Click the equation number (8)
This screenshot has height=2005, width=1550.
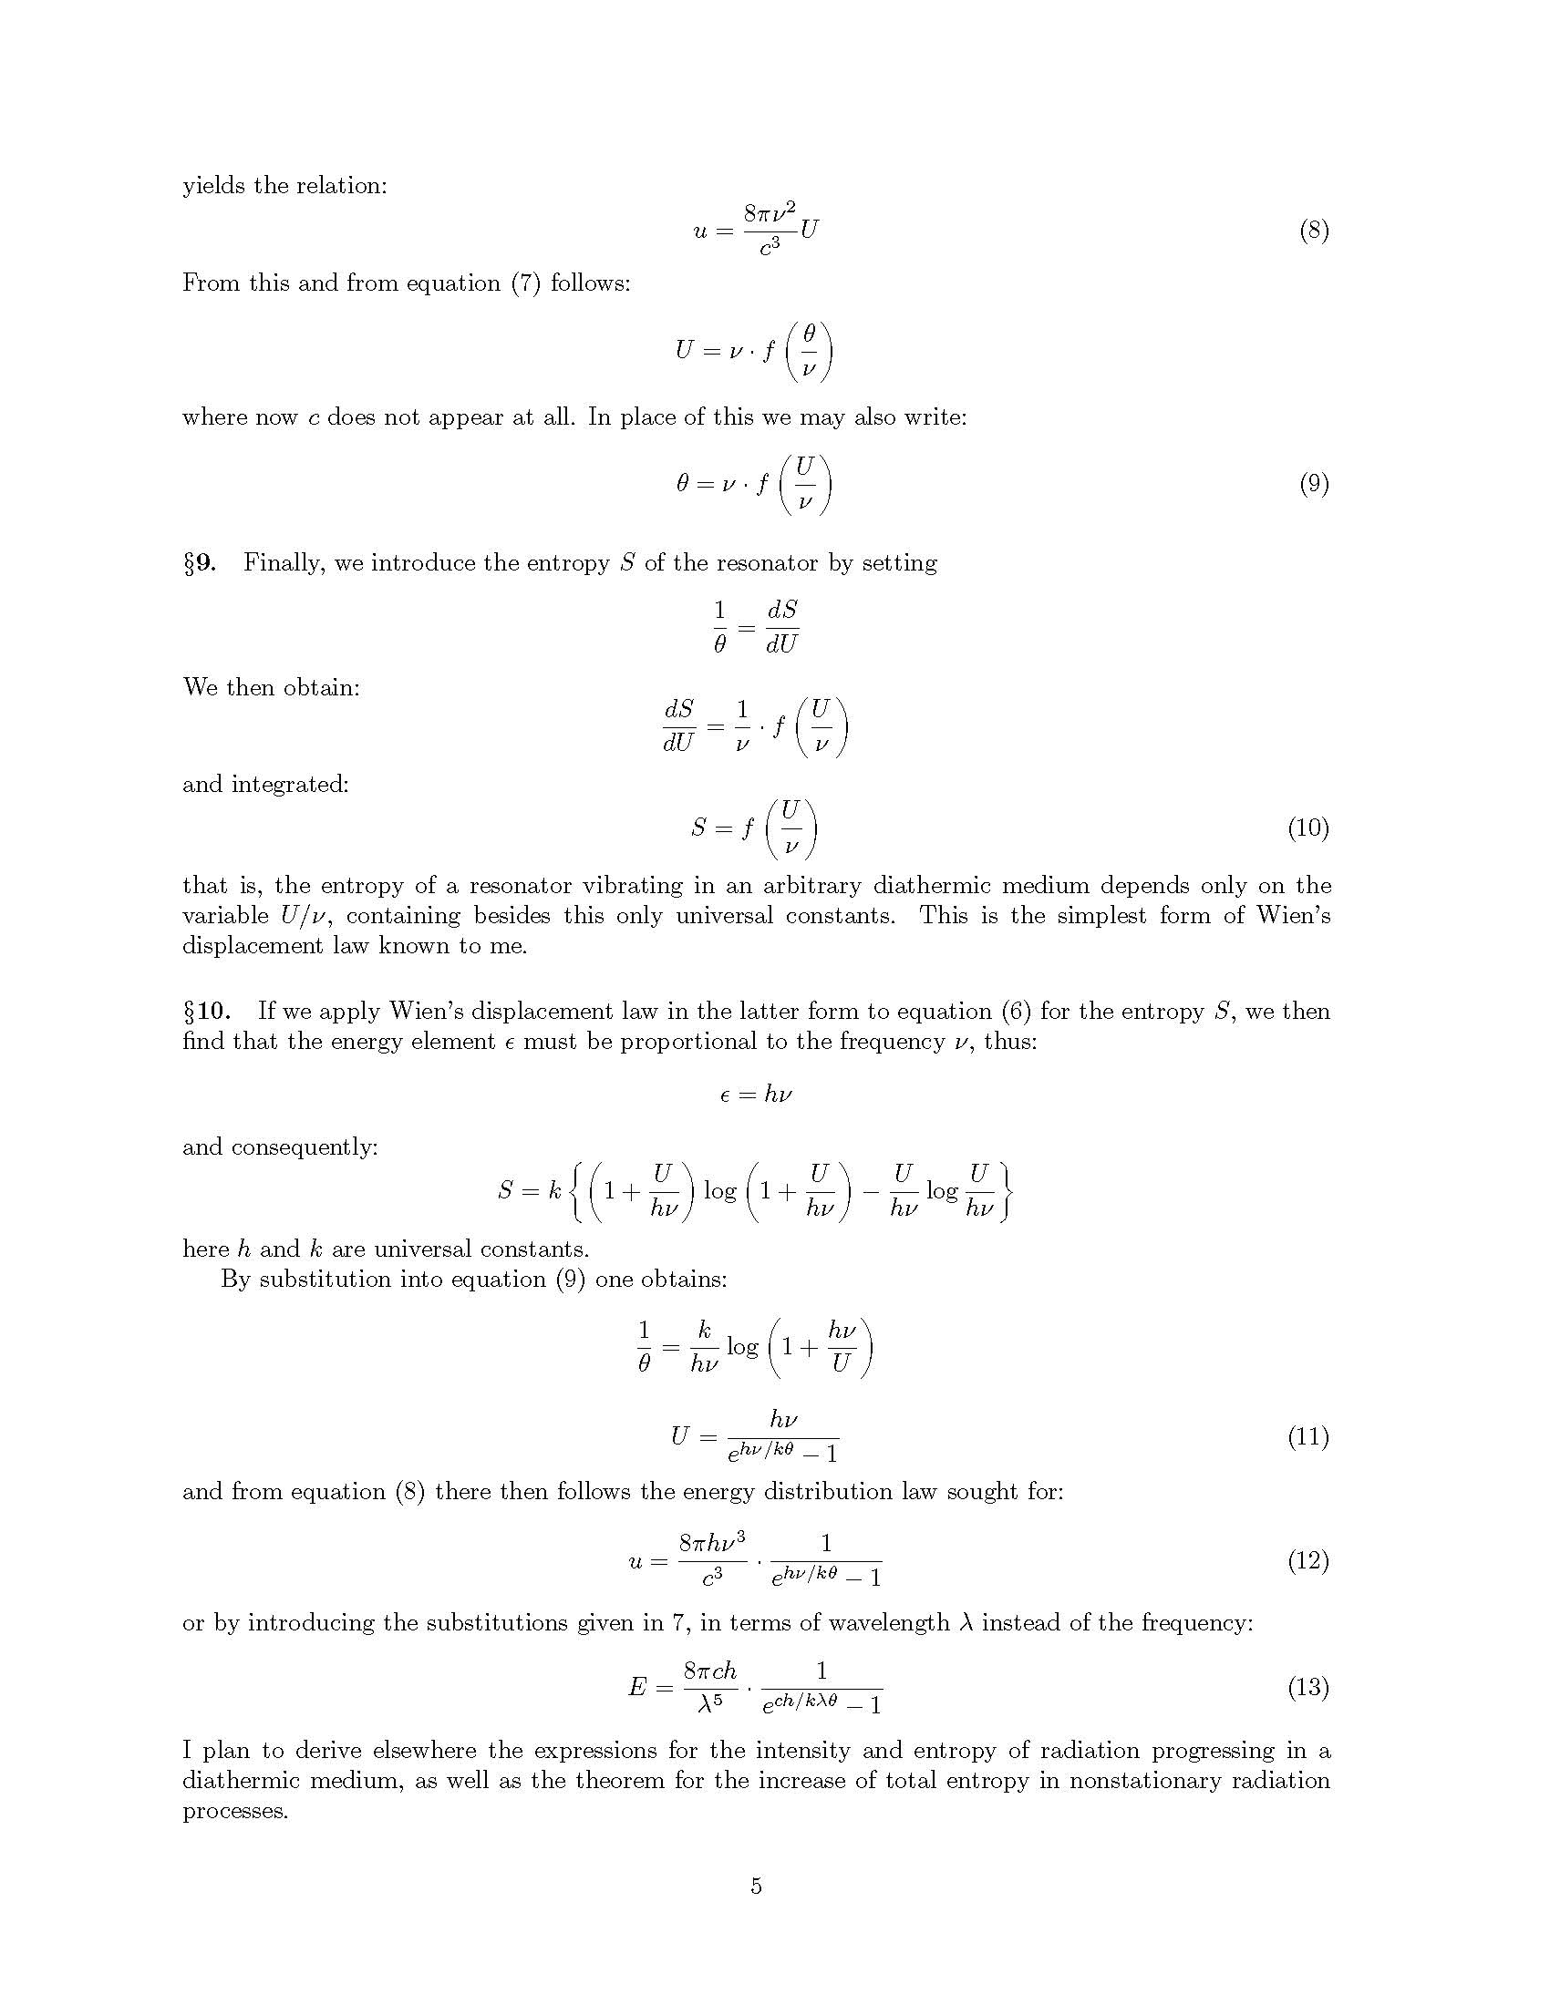click(1313, 231)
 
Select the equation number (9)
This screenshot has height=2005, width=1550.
click(1313, 484)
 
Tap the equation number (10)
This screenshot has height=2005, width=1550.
click(1307, 828)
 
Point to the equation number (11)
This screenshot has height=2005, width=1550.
click(1307, 1436)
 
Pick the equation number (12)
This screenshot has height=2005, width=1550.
click(1307, 1560)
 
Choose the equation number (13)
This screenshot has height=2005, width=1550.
click(1307, 1686)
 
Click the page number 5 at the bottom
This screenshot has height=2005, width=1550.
click(756, 1886)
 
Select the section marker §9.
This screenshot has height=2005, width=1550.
click(200, 562)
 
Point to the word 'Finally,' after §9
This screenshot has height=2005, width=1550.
click(284, 562)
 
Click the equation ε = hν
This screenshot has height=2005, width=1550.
click(756, 1095)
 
